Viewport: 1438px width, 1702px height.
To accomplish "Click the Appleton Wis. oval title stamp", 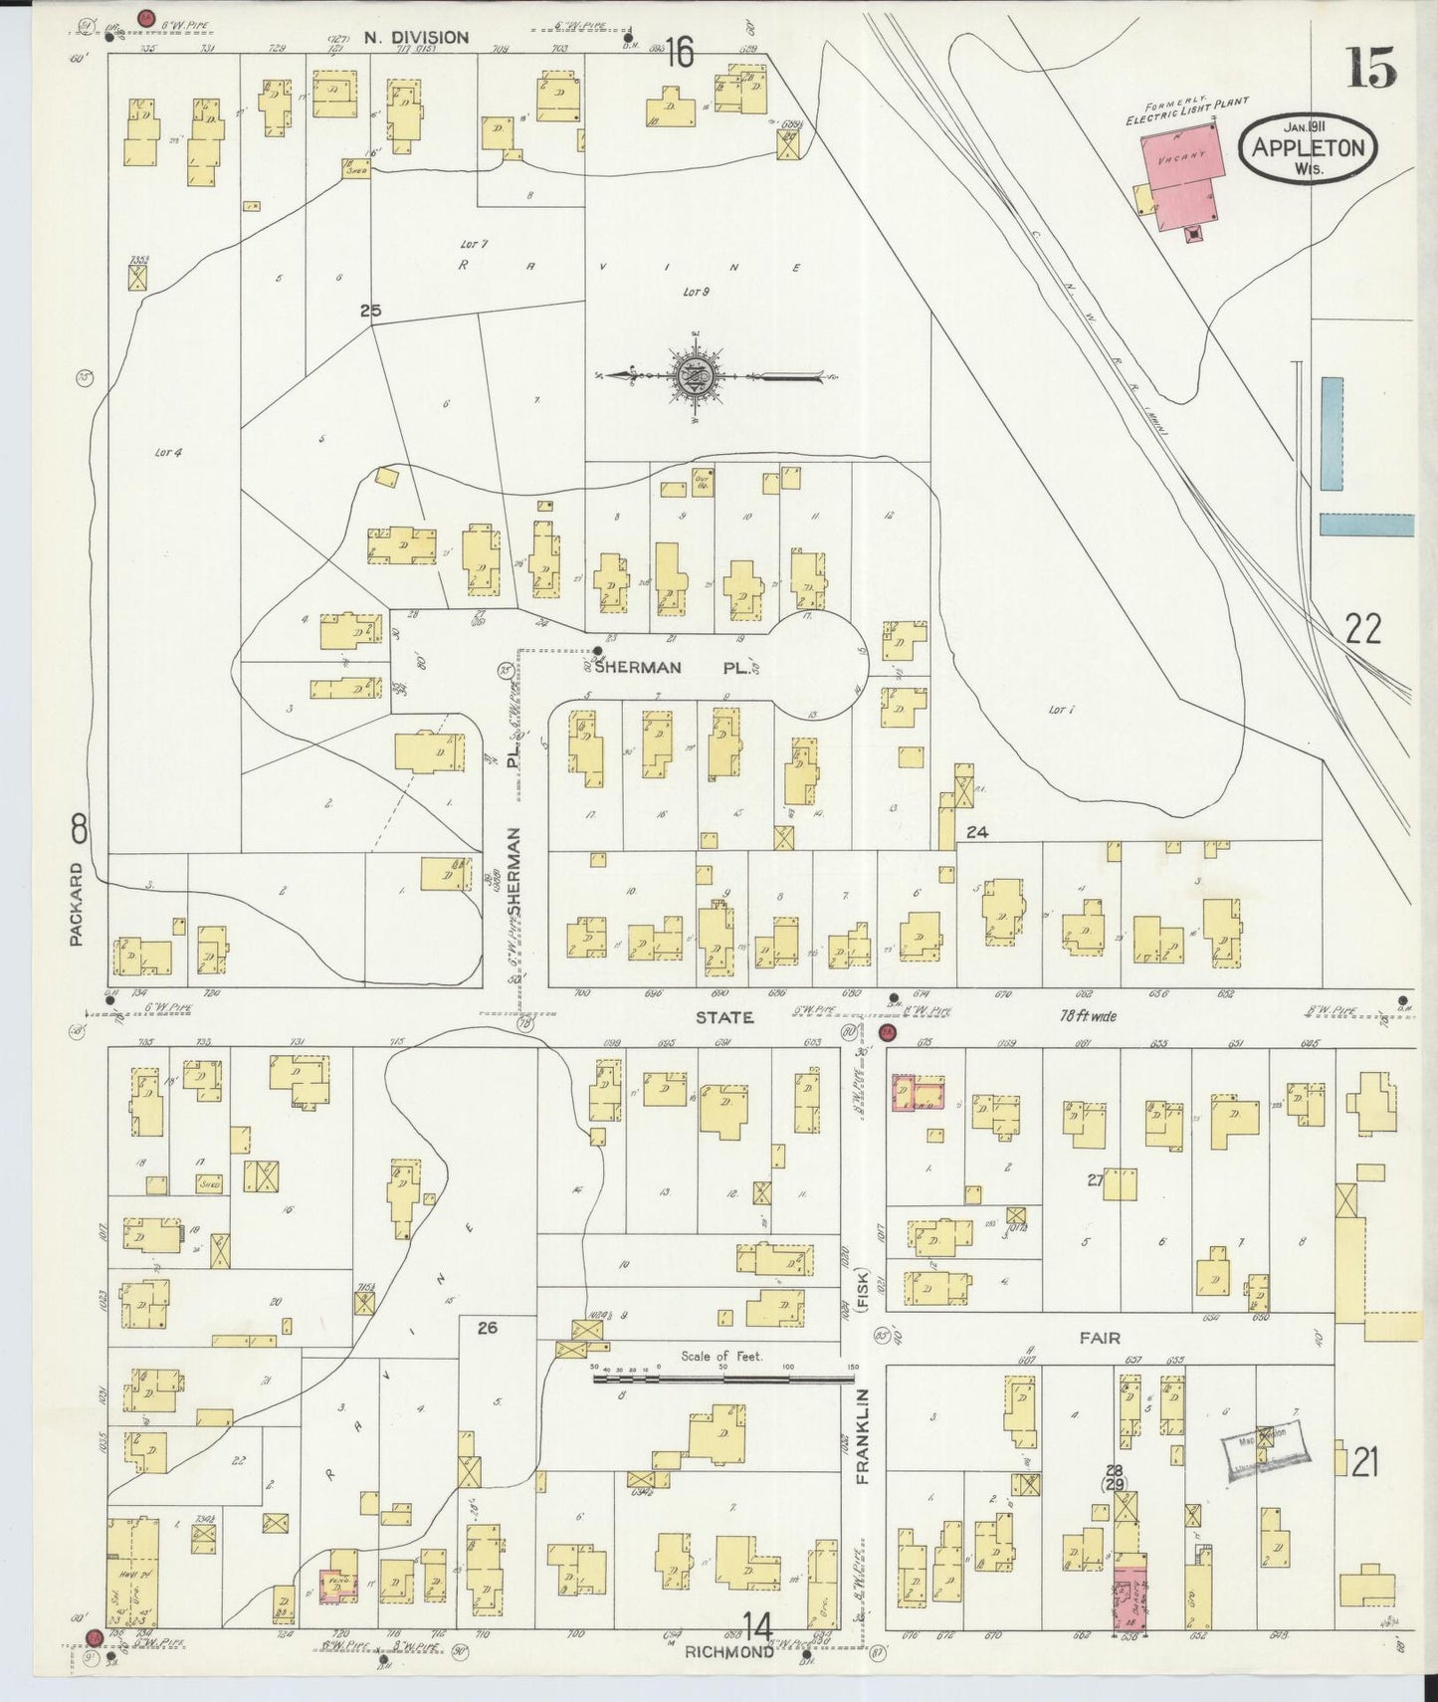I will pos(1308,147).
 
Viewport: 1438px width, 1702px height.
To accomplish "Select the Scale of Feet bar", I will pos(723,1381).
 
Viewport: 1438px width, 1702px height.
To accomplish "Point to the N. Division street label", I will pos(415,38).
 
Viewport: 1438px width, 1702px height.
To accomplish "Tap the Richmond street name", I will pos(728,1651).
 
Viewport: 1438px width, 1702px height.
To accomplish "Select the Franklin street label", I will pos(862,1436).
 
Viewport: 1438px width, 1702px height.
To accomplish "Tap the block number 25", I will pos(370,312).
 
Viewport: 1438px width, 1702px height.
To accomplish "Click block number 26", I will pos(487,1328).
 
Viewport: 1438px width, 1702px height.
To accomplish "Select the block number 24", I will pos(976,832).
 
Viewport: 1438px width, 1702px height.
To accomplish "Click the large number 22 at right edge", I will pos(1362,629).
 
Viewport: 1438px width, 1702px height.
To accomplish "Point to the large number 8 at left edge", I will pos(80,828).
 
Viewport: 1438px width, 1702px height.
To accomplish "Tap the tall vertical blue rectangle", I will pos(1331,433).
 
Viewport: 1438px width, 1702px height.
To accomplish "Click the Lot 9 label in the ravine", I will pos(695,292).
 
